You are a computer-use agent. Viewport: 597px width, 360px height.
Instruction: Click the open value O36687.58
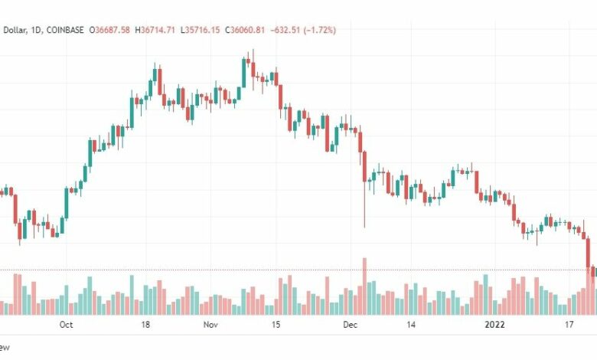pos(110,30)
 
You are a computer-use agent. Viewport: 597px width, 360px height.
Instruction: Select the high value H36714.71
pos(156,30)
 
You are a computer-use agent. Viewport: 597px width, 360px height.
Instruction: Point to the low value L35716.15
pos(202,30)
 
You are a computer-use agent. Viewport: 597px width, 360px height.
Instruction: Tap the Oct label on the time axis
pos(67,325)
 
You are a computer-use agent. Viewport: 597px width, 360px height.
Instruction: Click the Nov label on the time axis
pos(212,325)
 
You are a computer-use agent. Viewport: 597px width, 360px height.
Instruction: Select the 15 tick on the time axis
pos(276,325)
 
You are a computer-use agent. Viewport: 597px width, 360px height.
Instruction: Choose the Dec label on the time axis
pos(350,325)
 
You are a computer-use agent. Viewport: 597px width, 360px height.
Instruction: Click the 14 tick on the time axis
pos(411,325)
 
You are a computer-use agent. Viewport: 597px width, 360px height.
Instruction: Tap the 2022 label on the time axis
pos(497,325)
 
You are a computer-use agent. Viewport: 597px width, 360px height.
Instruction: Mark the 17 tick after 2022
pos(570,325)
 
